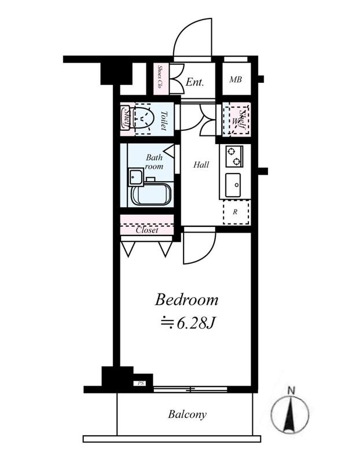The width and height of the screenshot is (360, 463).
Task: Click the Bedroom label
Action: click(x=186, y=300)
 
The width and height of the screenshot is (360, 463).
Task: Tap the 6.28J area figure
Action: click(x=195, y=324)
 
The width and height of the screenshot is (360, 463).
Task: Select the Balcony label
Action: click(x=188, y=414)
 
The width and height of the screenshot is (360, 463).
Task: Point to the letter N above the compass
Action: click(x=292, y=391)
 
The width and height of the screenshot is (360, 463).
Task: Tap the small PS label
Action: click(x=141, y=383)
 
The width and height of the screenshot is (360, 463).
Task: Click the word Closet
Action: click(x=147, y=230)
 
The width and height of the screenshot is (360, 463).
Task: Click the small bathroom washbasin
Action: click(x=136, y=177)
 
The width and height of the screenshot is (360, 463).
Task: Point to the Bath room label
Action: click(x=154, y=161)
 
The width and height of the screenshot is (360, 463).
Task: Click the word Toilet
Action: click(x=163, y=121)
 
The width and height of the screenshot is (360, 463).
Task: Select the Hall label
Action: click(x=201, y=164)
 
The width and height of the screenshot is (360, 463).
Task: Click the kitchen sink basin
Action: click(x=233, y=185)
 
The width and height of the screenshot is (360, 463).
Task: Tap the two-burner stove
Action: click(x=234, y=156)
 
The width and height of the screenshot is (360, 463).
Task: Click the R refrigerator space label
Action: click(x=235, y=212)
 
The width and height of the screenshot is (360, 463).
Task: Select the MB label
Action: click(x=236, y=79)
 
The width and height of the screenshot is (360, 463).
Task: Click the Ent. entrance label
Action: click(x=195, y=82)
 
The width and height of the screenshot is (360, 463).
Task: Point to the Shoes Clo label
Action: click(x=160, y=77)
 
